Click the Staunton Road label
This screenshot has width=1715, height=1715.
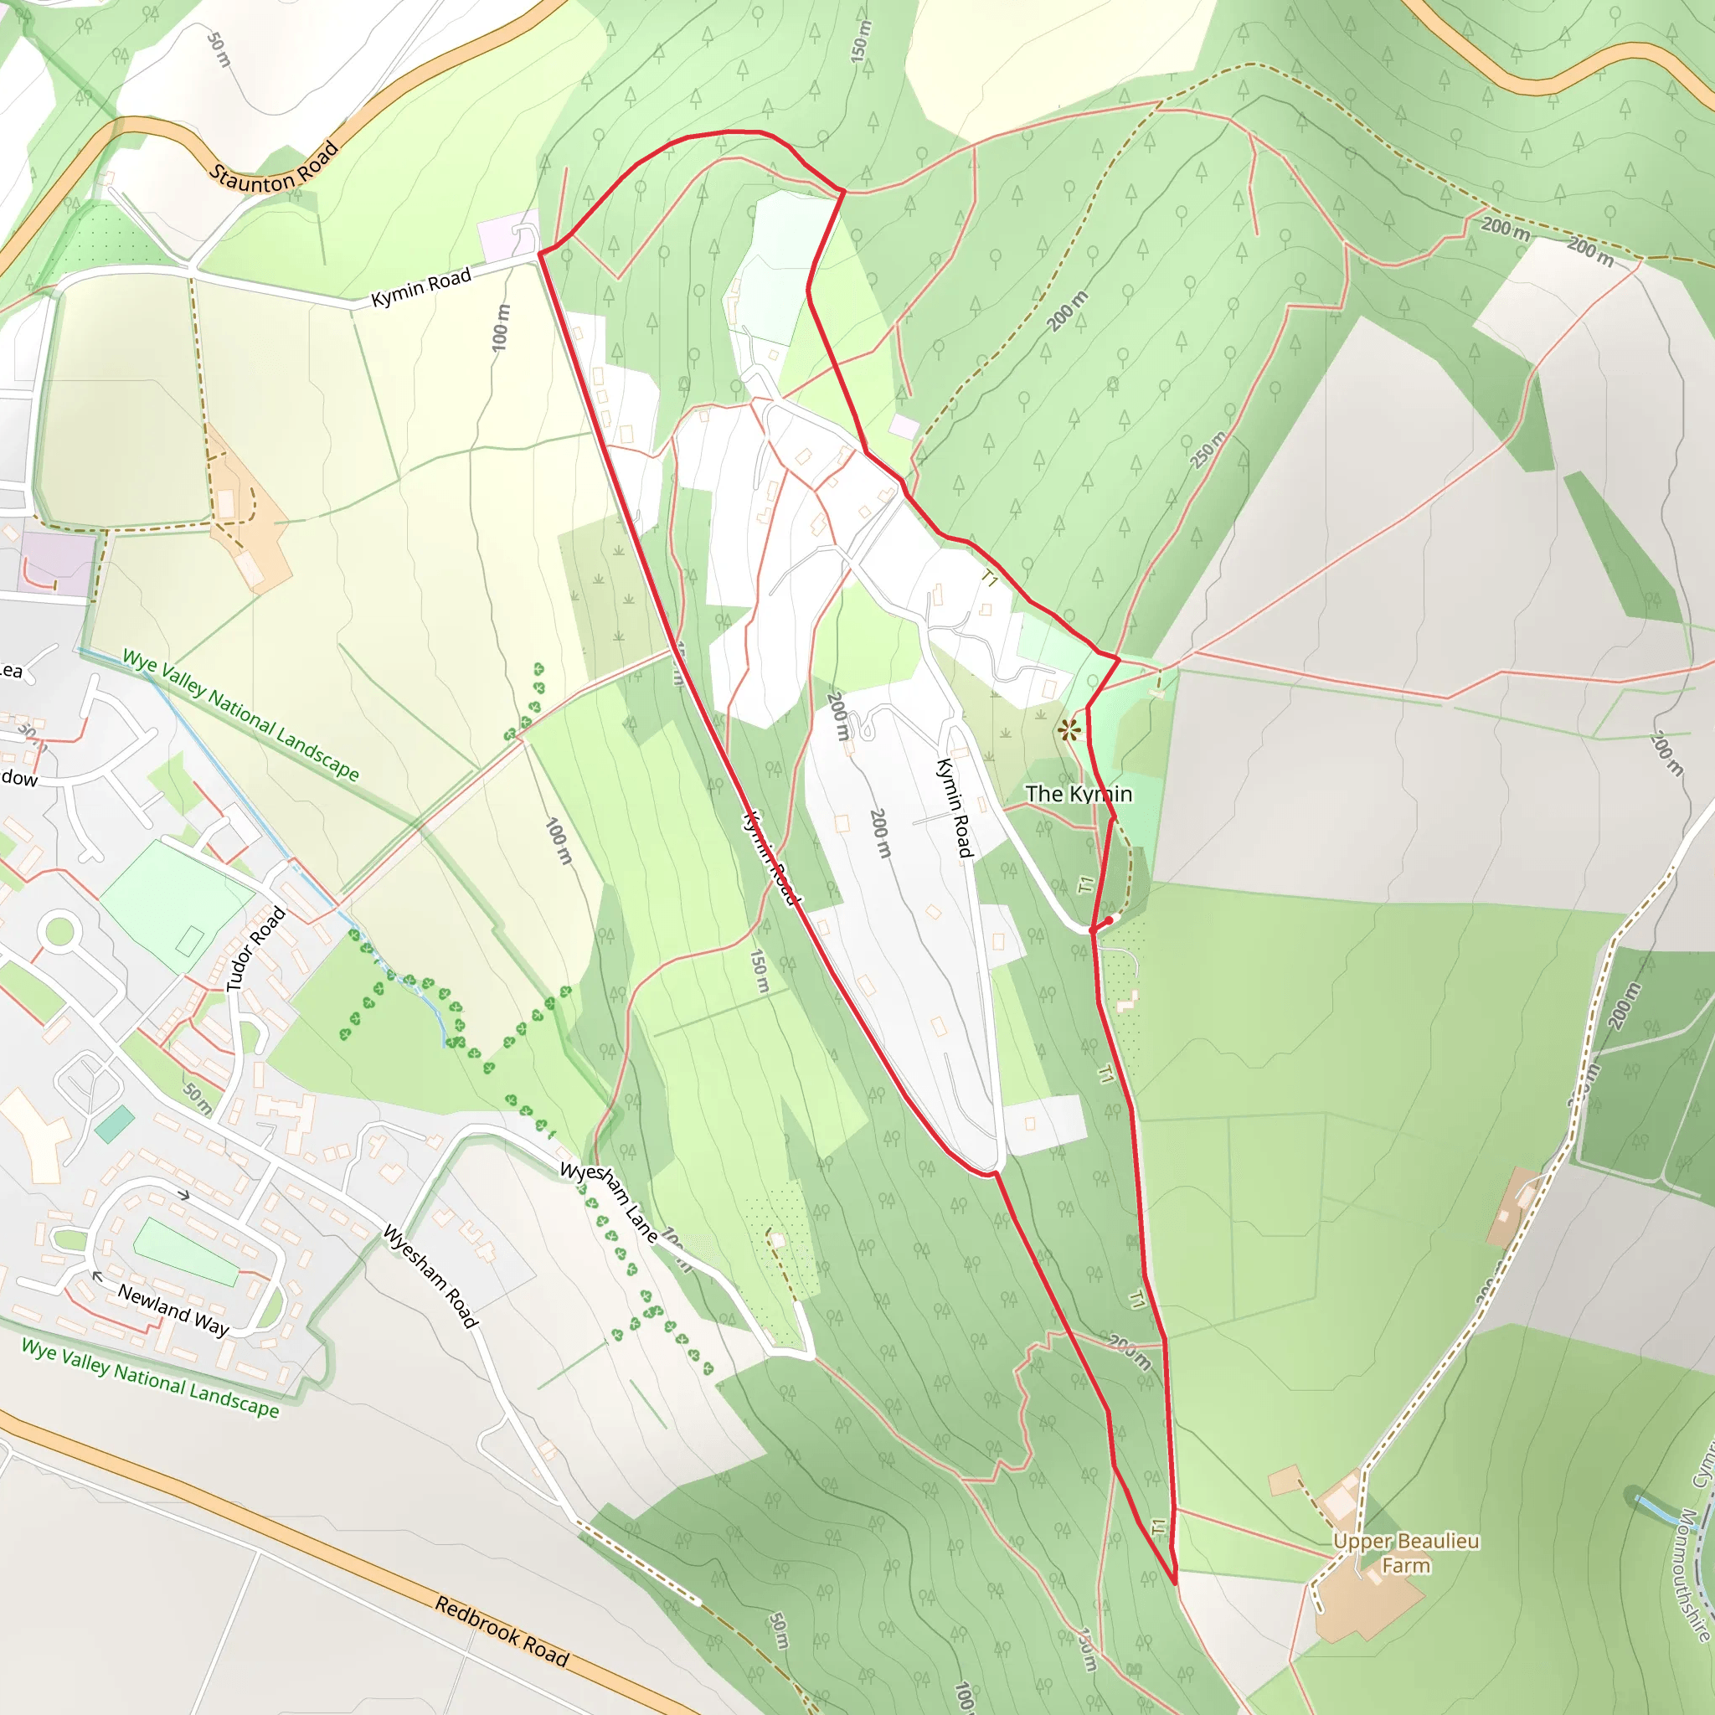(x=275, y=167)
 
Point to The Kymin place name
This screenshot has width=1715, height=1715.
(x=1079, y=794)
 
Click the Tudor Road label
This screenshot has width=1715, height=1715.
(x=255, y=949)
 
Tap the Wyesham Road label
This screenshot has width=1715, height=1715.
(x=430, y=1275)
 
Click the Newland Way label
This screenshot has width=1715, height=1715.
(x=174, y=1311)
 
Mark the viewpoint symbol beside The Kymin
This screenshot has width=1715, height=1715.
(x=1069, y=730)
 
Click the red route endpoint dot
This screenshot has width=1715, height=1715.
(x=1108, y=920)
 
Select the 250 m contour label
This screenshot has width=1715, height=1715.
(x=1208, y=450)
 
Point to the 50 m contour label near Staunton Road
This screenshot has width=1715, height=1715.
(x=219, y=49)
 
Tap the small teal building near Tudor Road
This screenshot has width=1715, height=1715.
(x=115, y=1124)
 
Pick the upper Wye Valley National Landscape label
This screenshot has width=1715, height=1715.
(x=240, y=715)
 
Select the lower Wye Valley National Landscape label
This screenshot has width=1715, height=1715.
(x=150, y=1378)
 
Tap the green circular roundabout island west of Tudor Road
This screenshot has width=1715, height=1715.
(x=59, y=931)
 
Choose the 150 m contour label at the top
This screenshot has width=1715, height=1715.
(x=860, y=41)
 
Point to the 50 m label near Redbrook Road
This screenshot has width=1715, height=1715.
(x=778, y=1630)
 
